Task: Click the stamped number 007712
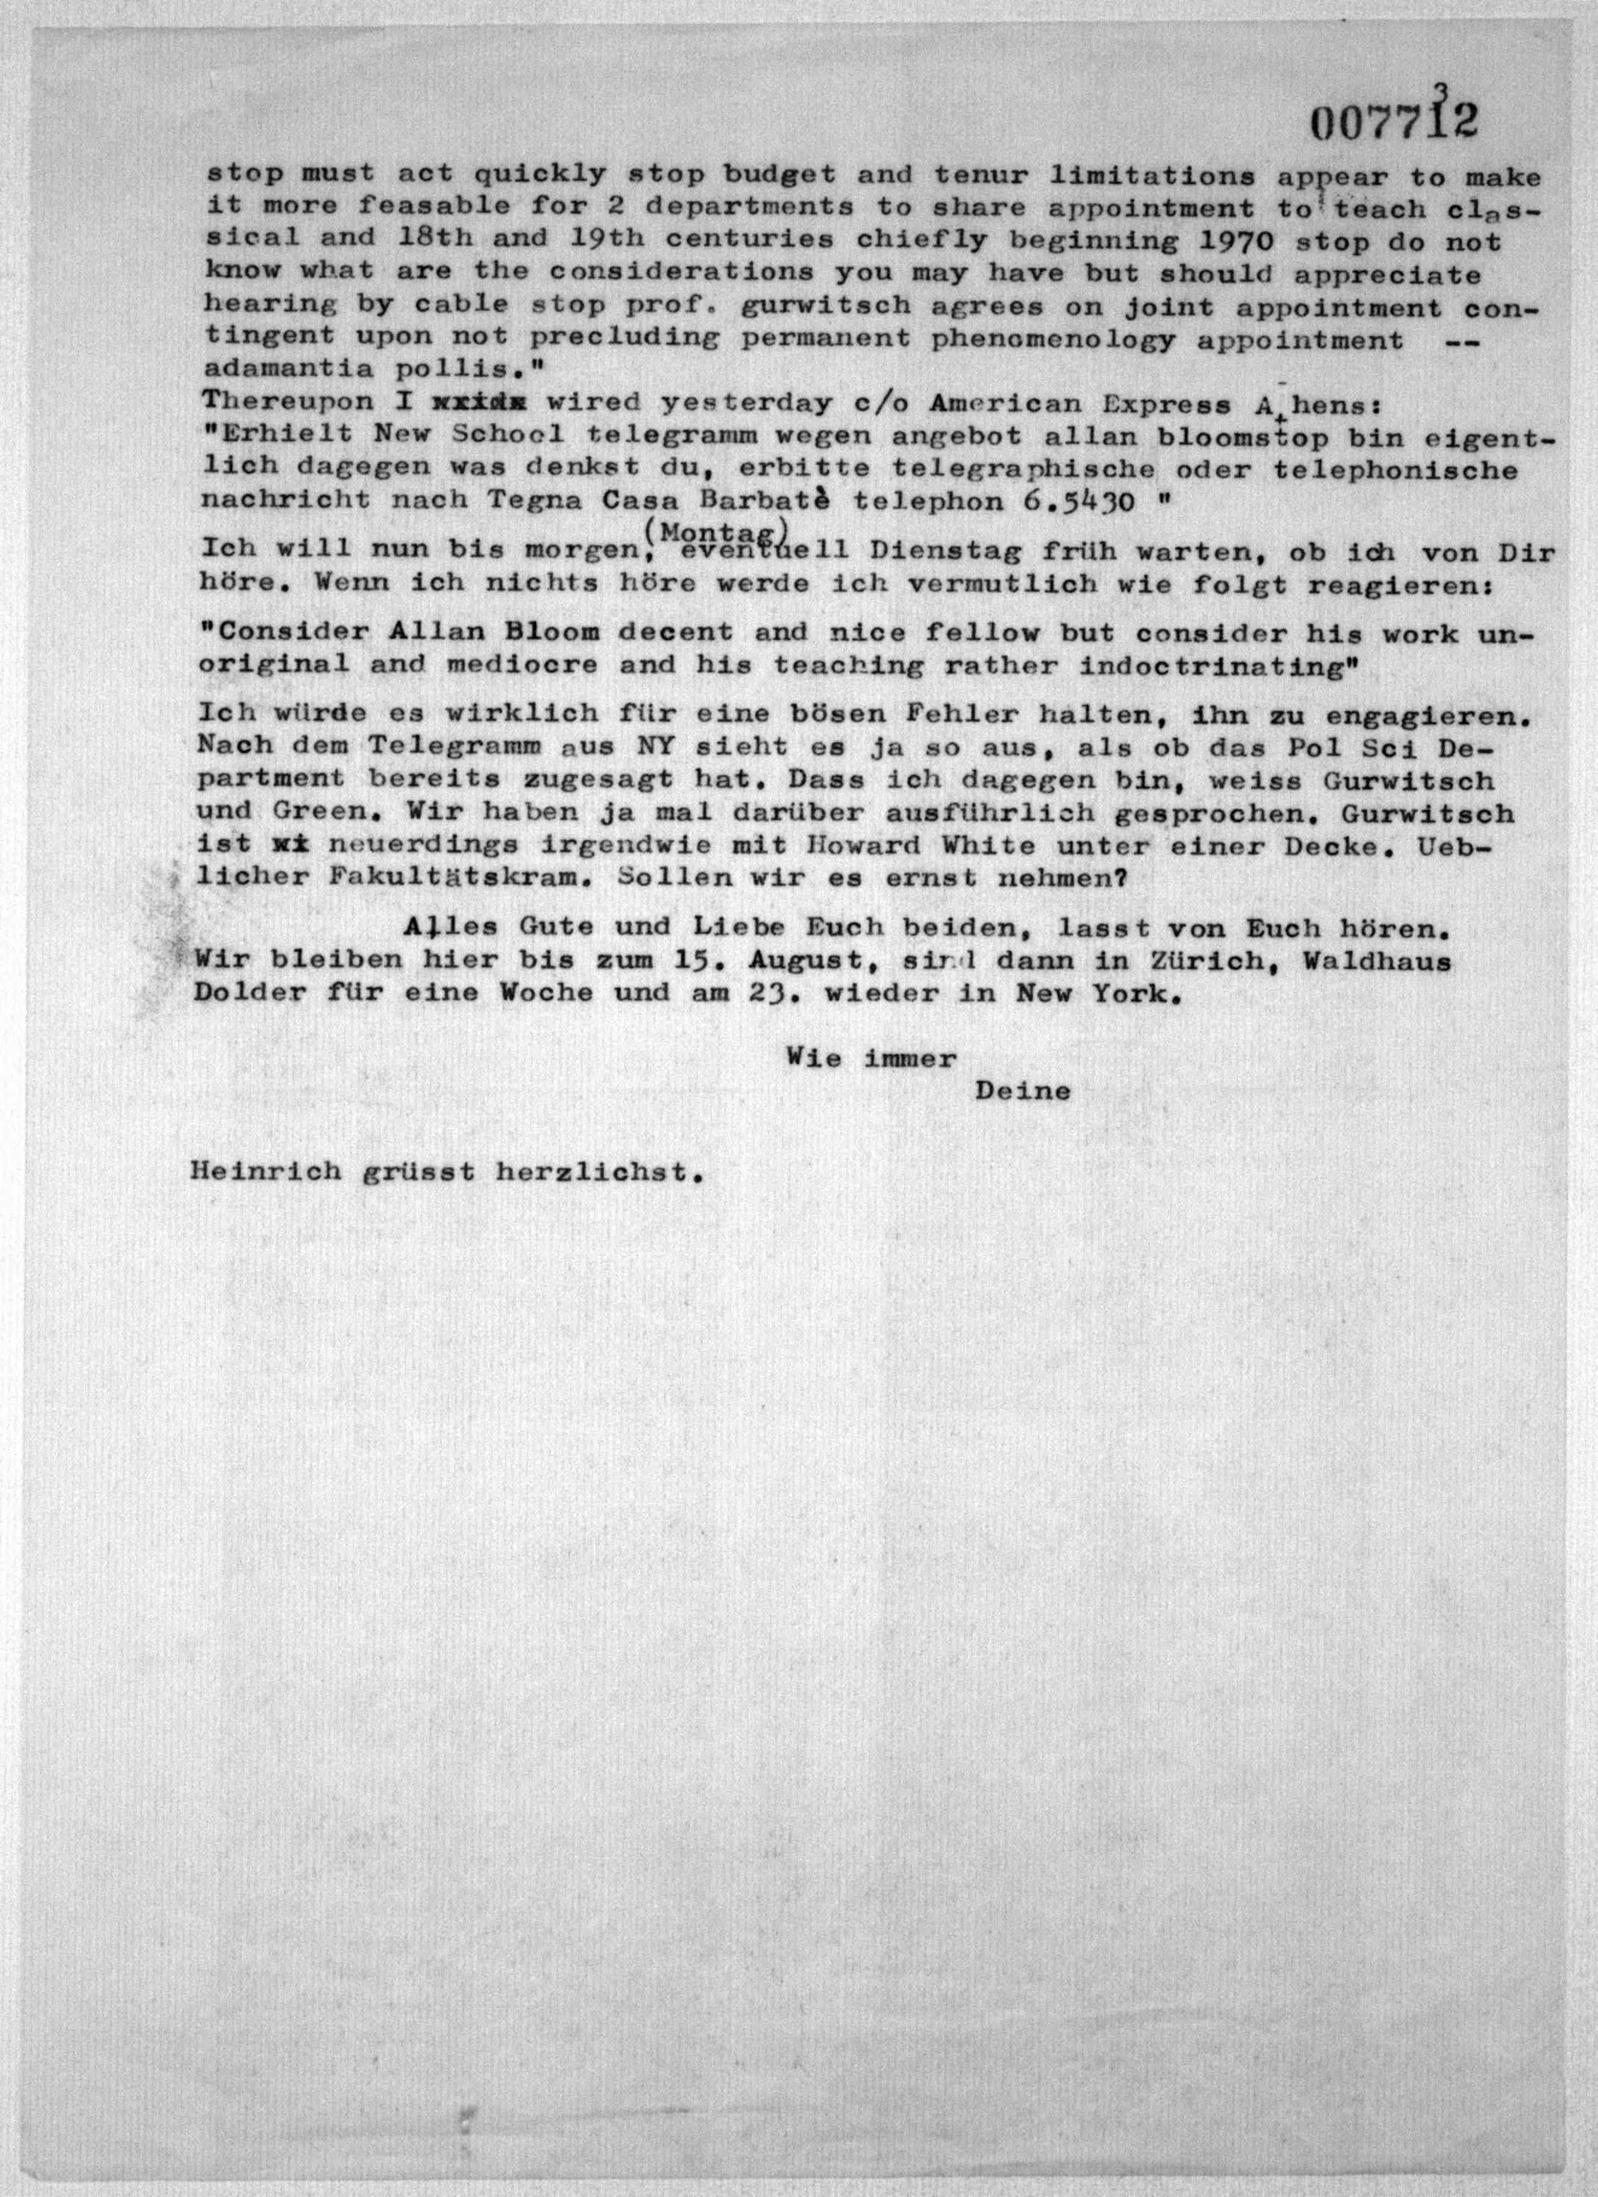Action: pos(1395,123)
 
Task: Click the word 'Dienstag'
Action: pos(934,552)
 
